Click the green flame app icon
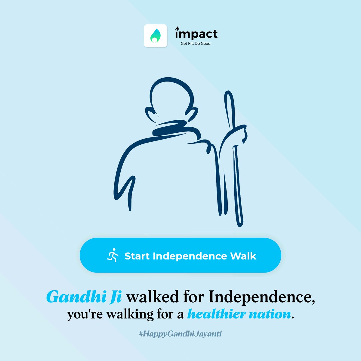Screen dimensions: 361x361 [156, 35]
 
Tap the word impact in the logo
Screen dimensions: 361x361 [196, 34]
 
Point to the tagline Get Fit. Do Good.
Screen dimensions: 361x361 [196, 44]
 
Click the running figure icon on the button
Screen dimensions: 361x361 [113, 255]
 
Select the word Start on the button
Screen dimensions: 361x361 [137, 256]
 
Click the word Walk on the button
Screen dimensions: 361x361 [243, 256]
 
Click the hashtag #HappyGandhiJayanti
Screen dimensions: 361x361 [180, 334]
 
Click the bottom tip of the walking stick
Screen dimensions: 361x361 [240, 224]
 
